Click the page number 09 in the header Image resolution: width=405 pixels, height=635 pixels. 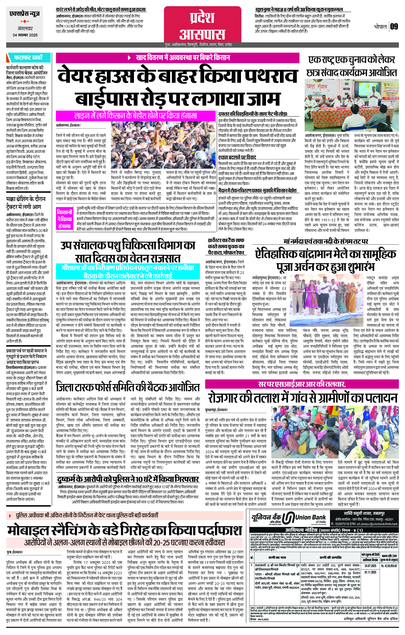[394, 27]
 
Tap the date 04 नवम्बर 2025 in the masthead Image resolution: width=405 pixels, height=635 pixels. [25, 35]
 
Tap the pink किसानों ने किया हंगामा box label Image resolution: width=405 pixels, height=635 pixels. [64, 218]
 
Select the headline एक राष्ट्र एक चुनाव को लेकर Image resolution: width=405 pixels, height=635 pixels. [351, 60]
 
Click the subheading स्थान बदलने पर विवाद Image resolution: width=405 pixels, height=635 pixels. [237, 157]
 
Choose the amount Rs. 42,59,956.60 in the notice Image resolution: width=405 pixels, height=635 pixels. [389, 566]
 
